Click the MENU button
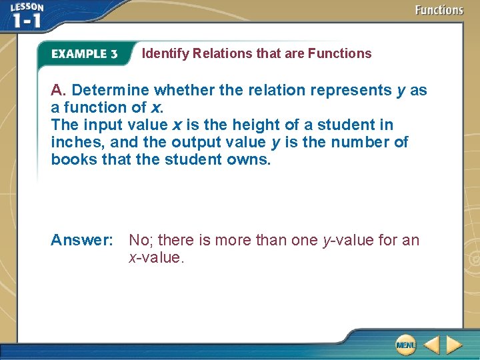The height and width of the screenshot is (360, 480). pyautogui.click(x=405, y=345)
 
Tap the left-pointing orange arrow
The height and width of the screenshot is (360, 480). pyautogui.click(x=431, y=345)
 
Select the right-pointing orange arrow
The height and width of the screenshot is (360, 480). pyautogui.click(x=454, y=345)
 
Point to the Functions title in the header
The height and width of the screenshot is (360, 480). pyautogui.click(x=439, y=10)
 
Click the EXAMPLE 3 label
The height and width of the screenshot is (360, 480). pyautogui.click(x=85, y=54)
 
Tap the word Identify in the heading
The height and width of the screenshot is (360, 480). pyautogui.click(x=165, y=54)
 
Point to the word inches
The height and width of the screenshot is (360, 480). pyautogui.click(x=75, y=142)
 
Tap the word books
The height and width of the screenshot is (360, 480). pyautogui.click(x=74, y=159)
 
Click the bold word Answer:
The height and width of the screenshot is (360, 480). pyautogui.click(x=82, y=240)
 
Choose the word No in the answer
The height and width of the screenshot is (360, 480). pyautogui.click(x=139, y=240)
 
